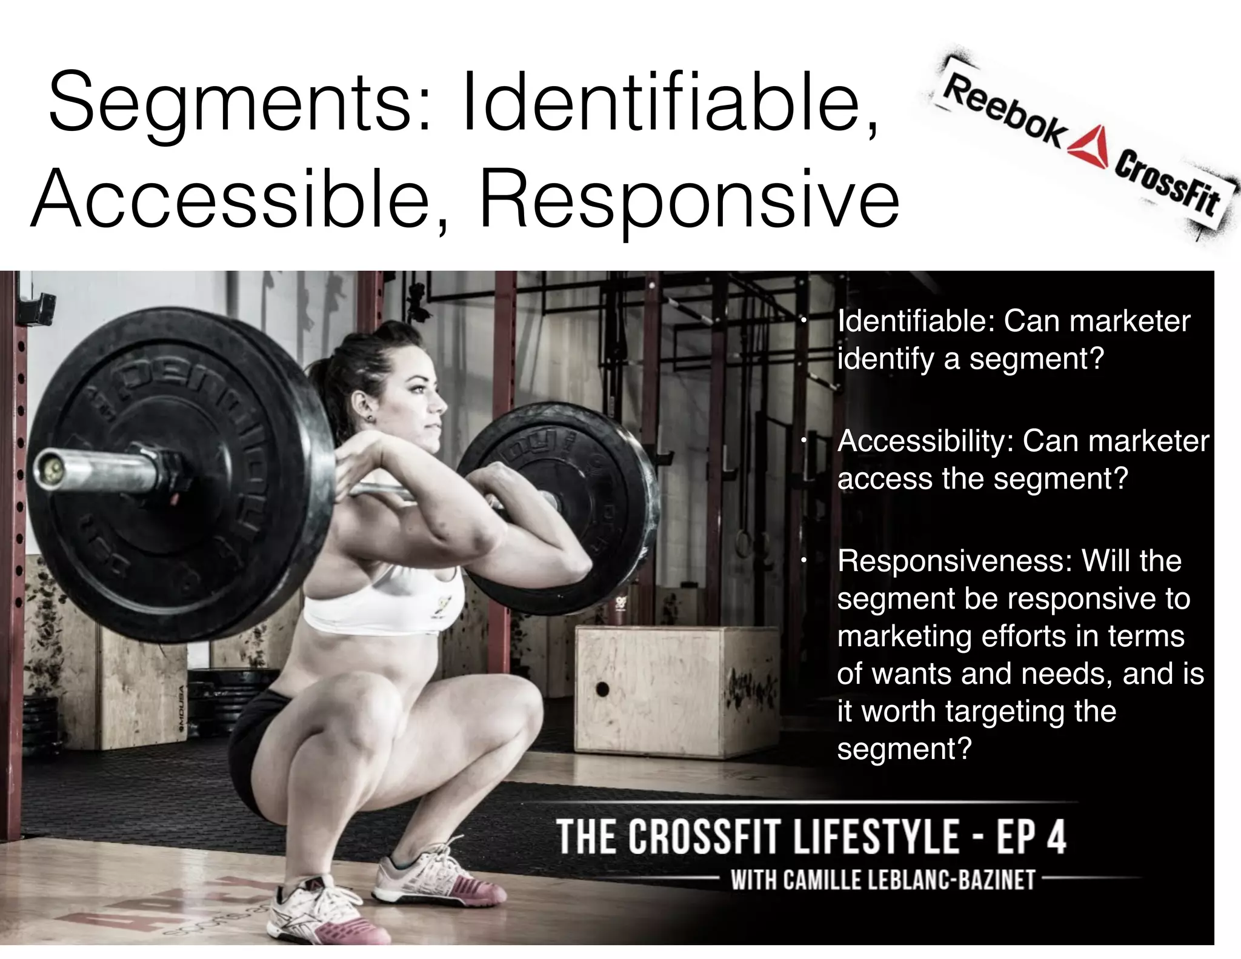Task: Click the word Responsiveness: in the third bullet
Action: pyautogui.click(x=954, y=561)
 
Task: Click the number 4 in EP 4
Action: pyautogui.click(x=1054, y=837)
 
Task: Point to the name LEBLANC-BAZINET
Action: pyautogui.click(x=952, y=880)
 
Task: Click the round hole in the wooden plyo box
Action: pyautogui.click(x=602, y=689)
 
